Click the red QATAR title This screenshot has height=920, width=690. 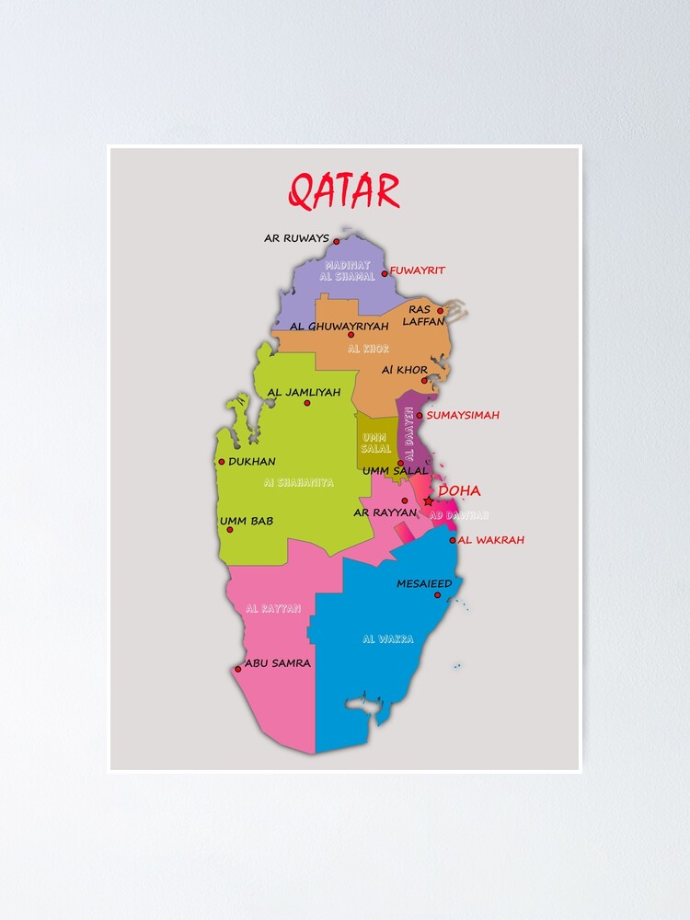pos(344,190)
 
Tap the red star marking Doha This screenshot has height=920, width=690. pos(428,501)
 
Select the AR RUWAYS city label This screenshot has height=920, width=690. pos(296,238)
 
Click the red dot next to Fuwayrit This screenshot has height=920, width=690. pos(385,273)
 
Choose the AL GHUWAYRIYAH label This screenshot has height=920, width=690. pos(332,326)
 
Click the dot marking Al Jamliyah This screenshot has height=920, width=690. pos(307,403)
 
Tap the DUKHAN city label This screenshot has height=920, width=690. pos(252,462)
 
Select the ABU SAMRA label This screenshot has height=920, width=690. pos(278,662)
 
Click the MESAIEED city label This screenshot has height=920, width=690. pos(424,583)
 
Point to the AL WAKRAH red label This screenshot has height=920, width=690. pos(490,540)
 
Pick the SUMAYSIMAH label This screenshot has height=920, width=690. pos(463,415)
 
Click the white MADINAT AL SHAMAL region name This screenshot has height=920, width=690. pos(350,270)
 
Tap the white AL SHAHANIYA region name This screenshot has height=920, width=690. pos(298,482)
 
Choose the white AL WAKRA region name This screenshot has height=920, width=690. pos(387,638)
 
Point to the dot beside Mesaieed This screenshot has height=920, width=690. pos(438,595)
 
